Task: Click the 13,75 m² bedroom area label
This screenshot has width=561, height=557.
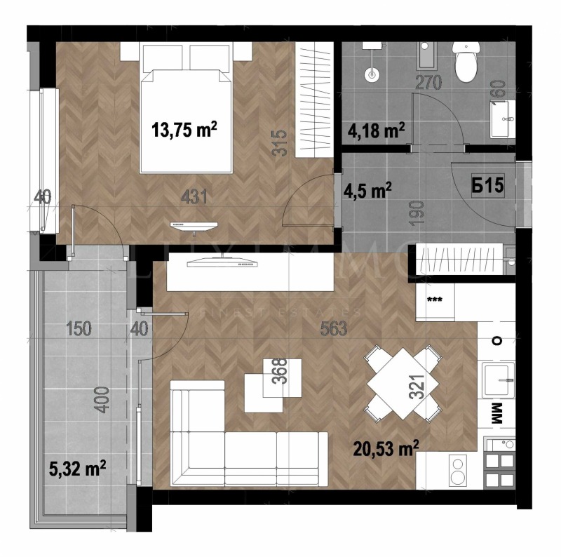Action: pyautogui.click(x=184, y=130)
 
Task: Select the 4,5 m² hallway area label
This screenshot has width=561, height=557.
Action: pyautogui.click(x=367, y=189)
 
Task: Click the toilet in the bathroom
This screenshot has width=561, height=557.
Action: pyautogui.click(x=464, y=62)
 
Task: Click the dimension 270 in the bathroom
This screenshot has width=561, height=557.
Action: pyautogui.click(x=428, y=83)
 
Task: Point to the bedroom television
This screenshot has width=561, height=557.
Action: pyautogui.click(x=194, y=225)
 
